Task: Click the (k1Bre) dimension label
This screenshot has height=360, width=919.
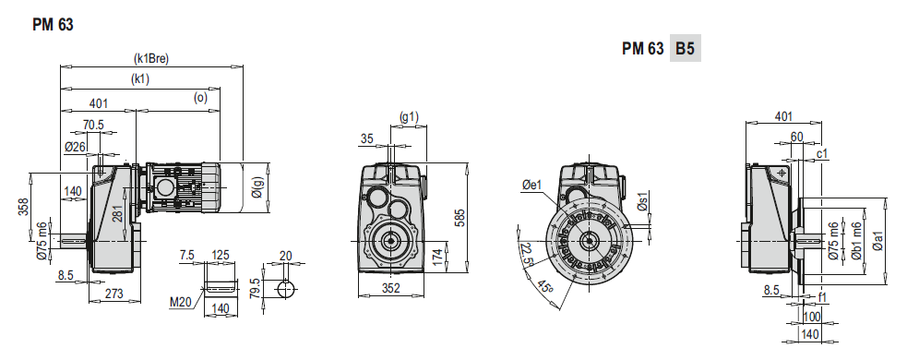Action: [x=151, y=58]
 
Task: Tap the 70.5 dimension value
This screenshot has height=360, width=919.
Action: [x=93, y=124]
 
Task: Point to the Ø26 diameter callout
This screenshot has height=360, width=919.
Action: [x=76, y=146]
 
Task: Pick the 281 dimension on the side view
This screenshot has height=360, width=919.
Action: [x=116, y=217]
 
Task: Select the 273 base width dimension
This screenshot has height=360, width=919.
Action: [x=115, y=294]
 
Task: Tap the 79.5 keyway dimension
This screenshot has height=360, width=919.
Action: [x=255, y=287]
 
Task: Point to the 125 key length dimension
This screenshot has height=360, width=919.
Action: [x=221, y=254]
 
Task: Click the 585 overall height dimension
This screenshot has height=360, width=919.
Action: [x=459, y=218]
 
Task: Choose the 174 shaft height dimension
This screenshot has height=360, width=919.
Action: [x=438, y=253]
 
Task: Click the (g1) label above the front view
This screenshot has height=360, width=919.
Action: [x=409, y=116]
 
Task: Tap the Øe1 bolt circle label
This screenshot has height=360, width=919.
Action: [x=530, y=186]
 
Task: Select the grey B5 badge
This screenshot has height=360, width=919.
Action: [x=685, y=48]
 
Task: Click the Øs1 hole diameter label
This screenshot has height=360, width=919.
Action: [x=644, y=208]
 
